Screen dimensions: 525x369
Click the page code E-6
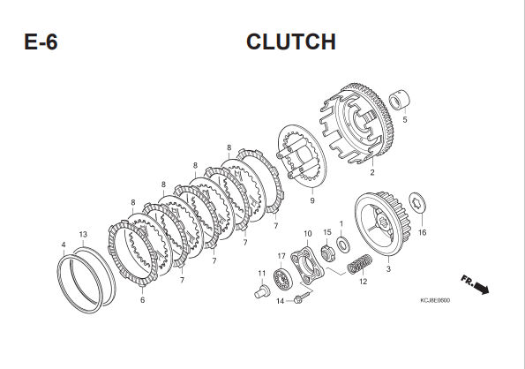(41, 42)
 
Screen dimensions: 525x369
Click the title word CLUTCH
(291, 41)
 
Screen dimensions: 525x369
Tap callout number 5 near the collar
(405, 119)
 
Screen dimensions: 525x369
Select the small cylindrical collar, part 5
(400, 99)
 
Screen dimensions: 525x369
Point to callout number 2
(372, 172)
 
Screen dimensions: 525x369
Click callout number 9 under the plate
(312, 200)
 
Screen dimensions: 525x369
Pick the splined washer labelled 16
(417, 203)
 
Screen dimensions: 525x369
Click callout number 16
(423, 232)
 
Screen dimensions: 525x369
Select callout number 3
(388, 268)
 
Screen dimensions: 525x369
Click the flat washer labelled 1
(343, 245)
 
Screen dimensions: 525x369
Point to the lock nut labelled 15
(326, 253)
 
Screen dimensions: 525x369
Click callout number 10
(307, 233)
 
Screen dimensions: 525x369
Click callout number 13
(83, 234)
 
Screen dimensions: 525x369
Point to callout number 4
(64, 245)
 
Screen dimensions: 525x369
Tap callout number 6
(142, 300)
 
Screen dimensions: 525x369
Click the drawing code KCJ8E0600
(435, 300)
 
